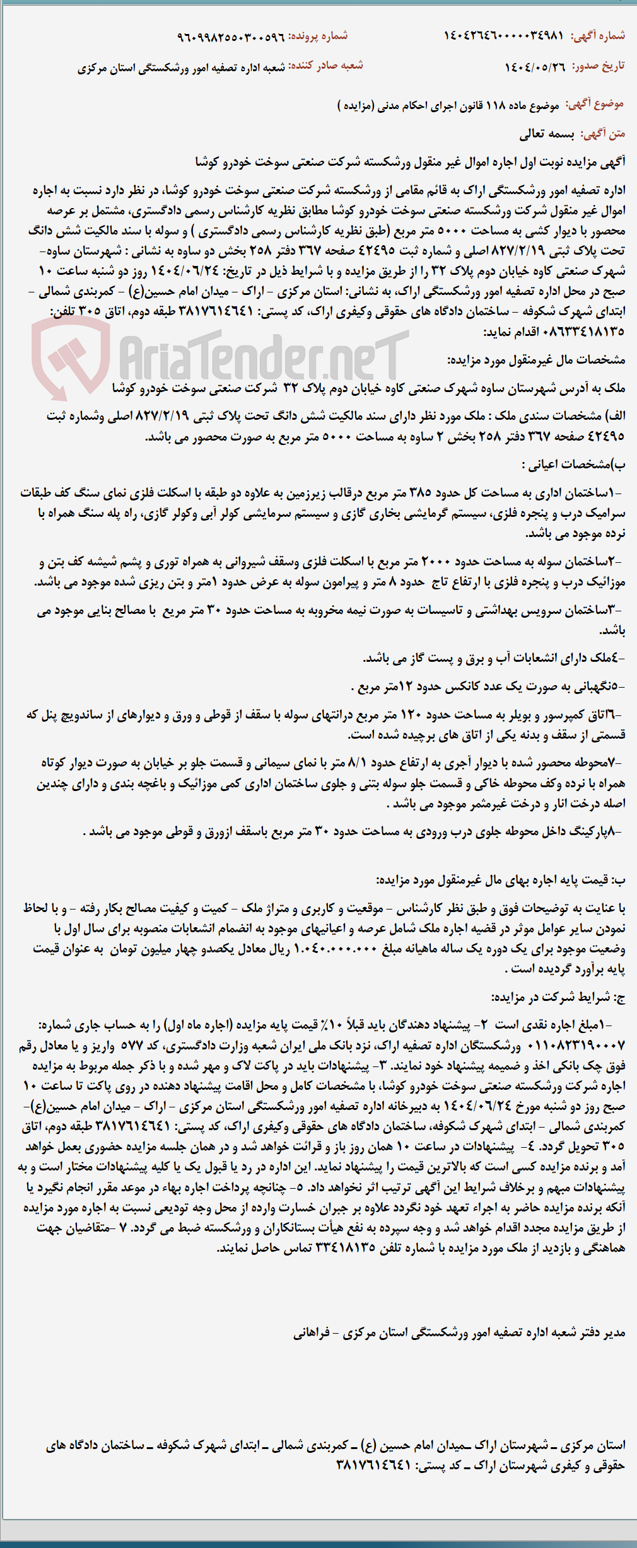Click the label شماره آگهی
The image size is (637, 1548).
pos(597,36)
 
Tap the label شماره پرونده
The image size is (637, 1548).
pos(318,37)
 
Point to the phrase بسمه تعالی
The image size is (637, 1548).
pos(546,134)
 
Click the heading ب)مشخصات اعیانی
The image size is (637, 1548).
pos(573,465)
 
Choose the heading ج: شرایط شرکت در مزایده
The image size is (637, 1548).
pos(558,997)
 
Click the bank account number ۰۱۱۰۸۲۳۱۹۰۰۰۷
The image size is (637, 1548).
pos(575,1046)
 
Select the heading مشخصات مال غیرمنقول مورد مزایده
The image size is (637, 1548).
pos(536,360)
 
